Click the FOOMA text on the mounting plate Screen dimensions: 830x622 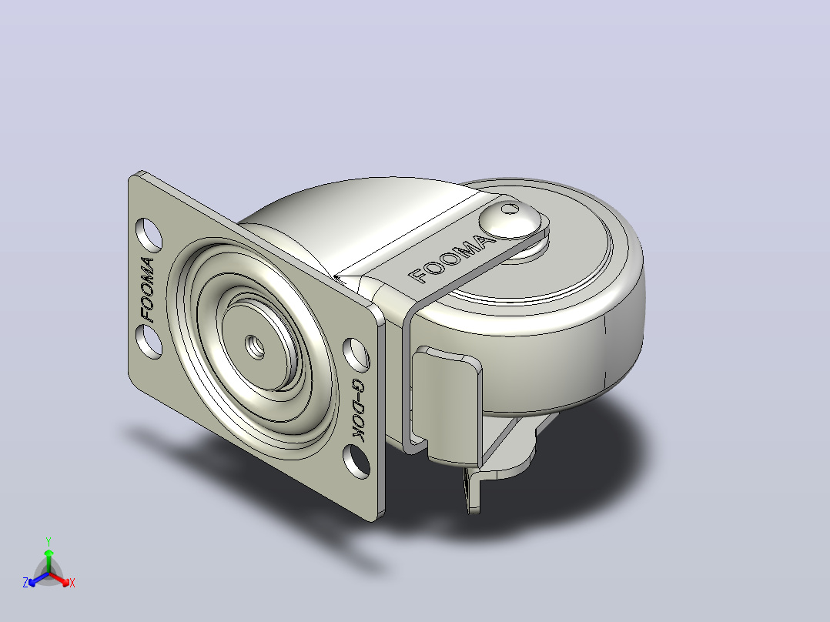[148, 289]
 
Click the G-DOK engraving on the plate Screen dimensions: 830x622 [358, 410]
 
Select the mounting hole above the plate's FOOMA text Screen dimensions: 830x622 [149, 233]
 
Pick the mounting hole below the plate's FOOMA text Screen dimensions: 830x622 [149, 342]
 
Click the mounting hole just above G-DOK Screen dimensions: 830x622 [356, 353]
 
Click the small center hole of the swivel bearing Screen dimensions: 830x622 [255, 347]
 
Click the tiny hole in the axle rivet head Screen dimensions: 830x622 [510, 209]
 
